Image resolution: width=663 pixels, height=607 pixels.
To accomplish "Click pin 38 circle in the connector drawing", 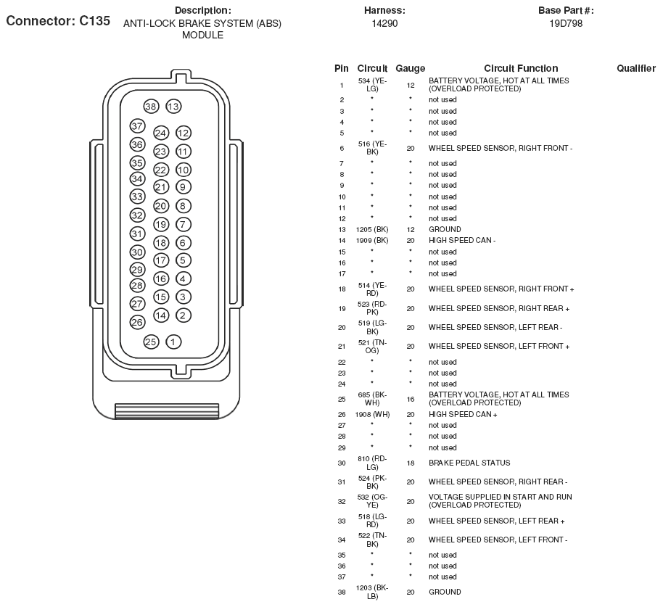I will (x=151, y=107).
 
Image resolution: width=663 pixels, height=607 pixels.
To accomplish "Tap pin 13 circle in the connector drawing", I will (x=173, y=107).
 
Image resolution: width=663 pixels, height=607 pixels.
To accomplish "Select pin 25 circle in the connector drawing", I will (x=151, y=342).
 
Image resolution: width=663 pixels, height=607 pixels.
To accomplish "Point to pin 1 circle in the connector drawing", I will (x=173, y=342).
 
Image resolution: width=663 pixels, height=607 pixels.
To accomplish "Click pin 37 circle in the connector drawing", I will (x=138, y=126).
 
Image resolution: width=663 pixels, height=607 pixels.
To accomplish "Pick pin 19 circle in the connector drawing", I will (x=161, y=225).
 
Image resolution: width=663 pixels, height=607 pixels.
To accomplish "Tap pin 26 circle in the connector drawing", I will (x=137, y=322).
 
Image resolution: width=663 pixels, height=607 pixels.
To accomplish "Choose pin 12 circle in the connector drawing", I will (x=183, y=133).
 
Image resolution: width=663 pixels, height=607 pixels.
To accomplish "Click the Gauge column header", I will (x=411, y=68).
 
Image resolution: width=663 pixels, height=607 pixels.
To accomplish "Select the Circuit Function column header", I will (x=521, y=68).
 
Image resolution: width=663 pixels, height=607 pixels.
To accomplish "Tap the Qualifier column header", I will (x=636, y=68).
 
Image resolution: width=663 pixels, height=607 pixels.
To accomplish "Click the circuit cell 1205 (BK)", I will (x=372, y=229).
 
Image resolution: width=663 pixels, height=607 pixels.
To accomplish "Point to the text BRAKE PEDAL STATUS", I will (x=469, y=463).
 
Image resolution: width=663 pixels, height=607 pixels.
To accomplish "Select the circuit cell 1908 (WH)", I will (x=372, y=414).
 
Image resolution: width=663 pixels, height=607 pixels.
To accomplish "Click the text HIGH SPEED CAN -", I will (x=462, y=240).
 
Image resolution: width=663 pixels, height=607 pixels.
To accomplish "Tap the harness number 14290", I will (x=384, y=23).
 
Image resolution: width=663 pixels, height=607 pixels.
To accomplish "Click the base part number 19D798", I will (x=566, y=23).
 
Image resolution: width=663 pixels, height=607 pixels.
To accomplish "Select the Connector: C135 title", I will (x=58, y=21).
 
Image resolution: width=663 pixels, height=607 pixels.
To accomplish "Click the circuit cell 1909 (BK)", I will (x=372, y=240).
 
